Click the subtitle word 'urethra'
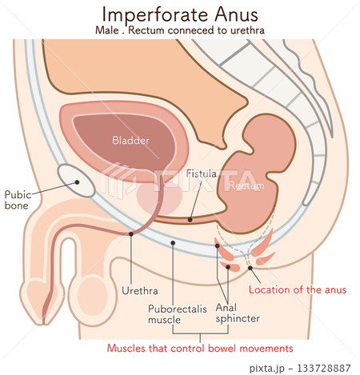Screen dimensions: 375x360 [x=246, y=30]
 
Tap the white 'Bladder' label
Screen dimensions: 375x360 [x=130, y=141]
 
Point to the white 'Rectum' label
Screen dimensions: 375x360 [x=246, y=186]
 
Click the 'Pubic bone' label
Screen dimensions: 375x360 [x=18, y=200]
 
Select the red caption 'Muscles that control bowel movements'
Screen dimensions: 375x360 [x=200, y=349]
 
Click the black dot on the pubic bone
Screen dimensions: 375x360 [x=78, y=182]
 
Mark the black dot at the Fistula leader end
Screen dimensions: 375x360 [x=190, y=219]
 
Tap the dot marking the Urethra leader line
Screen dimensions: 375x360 [x=131, y=233]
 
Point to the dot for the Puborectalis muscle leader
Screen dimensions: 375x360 [x=172, y=241]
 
